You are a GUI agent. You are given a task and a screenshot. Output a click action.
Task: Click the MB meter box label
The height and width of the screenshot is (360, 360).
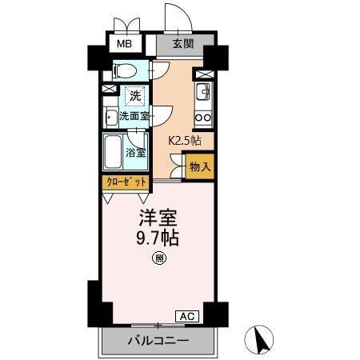pos(126,45)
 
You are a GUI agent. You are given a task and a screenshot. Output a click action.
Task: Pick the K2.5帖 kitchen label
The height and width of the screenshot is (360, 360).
pos(184,140)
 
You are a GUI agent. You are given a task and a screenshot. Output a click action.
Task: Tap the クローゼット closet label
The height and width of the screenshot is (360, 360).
pos(126,182)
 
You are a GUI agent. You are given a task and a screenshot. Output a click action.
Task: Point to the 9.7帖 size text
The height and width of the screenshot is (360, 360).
pos(159,238)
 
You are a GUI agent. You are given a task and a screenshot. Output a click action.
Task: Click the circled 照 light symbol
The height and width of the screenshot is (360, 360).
pos(159,258)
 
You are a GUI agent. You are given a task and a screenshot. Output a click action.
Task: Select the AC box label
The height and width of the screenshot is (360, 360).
pos(186,316)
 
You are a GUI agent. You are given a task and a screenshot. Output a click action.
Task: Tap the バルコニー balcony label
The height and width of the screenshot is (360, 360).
pos(158,342)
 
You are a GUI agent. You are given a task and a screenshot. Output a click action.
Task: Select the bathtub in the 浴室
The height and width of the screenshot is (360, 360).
pos(114,150)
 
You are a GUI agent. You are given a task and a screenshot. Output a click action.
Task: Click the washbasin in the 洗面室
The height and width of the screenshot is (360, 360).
pos(111,118)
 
